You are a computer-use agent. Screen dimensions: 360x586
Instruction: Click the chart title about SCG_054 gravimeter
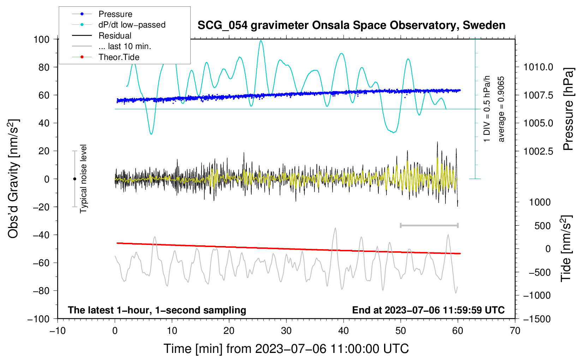click(x=351, y=25)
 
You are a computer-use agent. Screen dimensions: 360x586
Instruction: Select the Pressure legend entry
click(x=115, y=14)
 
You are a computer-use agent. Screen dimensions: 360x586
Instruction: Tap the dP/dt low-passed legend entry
click(x=132, y=25)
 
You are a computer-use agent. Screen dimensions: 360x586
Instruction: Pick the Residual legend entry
click(x=115, y=36)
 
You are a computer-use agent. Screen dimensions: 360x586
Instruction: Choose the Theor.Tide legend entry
click(x=119, y=57)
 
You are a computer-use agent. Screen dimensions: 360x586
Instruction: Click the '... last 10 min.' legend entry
click(x=125, y=46)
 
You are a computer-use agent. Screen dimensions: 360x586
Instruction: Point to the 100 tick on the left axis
click(x=41, y=39)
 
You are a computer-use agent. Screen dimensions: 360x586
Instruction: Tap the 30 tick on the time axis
click(x=286, y=331)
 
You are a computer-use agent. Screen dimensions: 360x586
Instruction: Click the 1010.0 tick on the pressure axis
click(x=538, y=67)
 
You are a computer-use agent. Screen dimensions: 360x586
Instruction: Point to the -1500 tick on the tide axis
click(x=537, y=319)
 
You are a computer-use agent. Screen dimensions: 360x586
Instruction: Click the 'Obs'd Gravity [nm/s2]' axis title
click(x=13, y=179)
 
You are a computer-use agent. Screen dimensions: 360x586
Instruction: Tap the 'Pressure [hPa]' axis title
click(x=568, y=109)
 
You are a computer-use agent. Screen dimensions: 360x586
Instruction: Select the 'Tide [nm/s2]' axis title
click(x=566, y=248)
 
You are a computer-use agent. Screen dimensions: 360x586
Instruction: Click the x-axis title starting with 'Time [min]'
click(x=286, y=349)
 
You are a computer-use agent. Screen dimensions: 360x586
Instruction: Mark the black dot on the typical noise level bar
click(x=74, y=179)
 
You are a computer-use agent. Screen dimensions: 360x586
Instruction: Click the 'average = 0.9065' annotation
click(x=501, y=109)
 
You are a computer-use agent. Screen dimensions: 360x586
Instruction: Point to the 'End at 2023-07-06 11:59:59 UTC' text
click(x=428, y=310)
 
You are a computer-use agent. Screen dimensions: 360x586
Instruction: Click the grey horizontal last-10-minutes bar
click(x=429, y=225)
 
